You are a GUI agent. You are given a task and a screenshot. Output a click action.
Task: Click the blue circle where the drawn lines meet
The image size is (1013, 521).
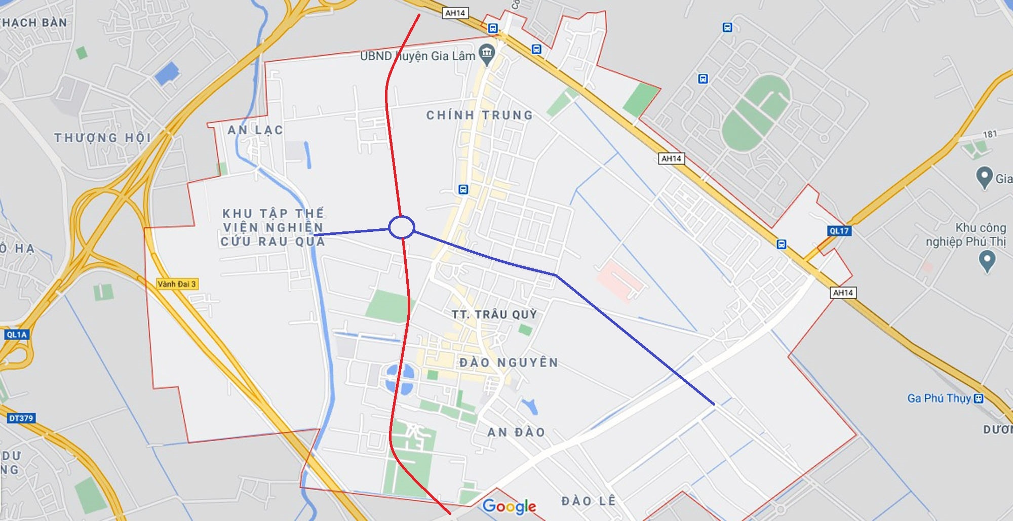402,227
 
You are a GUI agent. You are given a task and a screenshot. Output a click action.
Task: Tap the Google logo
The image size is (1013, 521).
509,506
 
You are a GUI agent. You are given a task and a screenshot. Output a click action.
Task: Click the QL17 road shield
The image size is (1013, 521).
839,231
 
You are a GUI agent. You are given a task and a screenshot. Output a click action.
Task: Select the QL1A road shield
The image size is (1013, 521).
17,335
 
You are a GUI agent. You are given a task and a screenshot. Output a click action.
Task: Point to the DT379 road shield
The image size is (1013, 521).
21,418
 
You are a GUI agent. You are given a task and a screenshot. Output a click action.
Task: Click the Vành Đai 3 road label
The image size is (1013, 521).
177,284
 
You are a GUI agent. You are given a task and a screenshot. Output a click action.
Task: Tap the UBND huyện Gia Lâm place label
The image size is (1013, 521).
417,56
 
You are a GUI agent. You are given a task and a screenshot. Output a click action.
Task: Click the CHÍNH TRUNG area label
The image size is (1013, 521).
479,115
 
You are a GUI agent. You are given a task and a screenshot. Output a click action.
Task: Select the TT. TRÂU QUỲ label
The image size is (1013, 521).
494,314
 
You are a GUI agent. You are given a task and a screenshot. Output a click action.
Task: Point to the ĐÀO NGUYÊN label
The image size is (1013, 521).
509,363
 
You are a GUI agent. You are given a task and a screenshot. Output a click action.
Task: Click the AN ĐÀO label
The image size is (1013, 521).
516,432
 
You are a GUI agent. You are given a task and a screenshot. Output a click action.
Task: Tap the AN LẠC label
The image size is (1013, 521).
255,130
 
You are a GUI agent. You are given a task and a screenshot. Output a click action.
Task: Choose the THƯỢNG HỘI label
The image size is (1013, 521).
103,138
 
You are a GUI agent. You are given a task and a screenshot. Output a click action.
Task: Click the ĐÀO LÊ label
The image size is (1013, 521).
589,501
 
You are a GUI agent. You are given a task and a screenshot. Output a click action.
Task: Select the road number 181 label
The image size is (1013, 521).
990,134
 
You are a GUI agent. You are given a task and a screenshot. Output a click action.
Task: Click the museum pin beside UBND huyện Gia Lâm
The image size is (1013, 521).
487,53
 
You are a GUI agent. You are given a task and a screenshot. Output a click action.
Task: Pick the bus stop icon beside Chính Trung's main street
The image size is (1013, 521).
463,189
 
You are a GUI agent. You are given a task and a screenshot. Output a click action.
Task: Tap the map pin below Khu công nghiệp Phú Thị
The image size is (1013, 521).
987,261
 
